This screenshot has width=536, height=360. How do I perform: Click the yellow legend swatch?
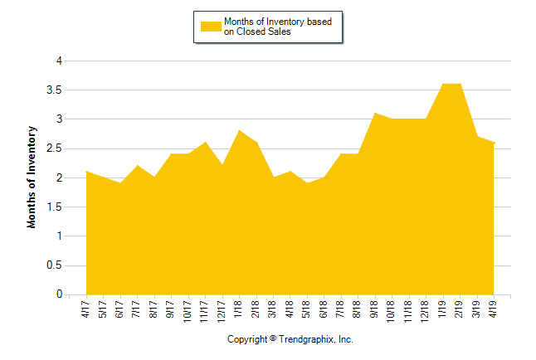(x=211, y=27)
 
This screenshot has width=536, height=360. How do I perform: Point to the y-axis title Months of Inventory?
(x=32, y=177)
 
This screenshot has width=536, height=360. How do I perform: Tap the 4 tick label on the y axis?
(x=59, y=61)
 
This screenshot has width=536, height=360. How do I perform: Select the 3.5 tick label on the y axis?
(x=56, y=90)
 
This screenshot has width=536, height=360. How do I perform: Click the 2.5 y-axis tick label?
(x=56, y=148)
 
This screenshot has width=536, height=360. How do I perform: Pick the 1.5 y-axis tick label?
(x=56, y=207)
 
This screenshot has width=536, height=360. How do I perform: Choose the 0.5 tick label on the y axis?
(x=56, y=265)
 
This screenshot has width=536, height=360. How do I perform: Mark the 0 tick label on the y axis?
(x=59, y=294)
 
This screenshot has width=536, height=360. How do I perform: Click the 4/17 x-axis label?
(x=87, y=309)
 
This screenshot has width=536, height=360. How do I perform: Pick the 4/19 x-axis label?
(x=494, y=309)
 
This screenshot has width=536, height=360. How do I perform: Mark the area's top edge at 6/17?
(x=121, y=183)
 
